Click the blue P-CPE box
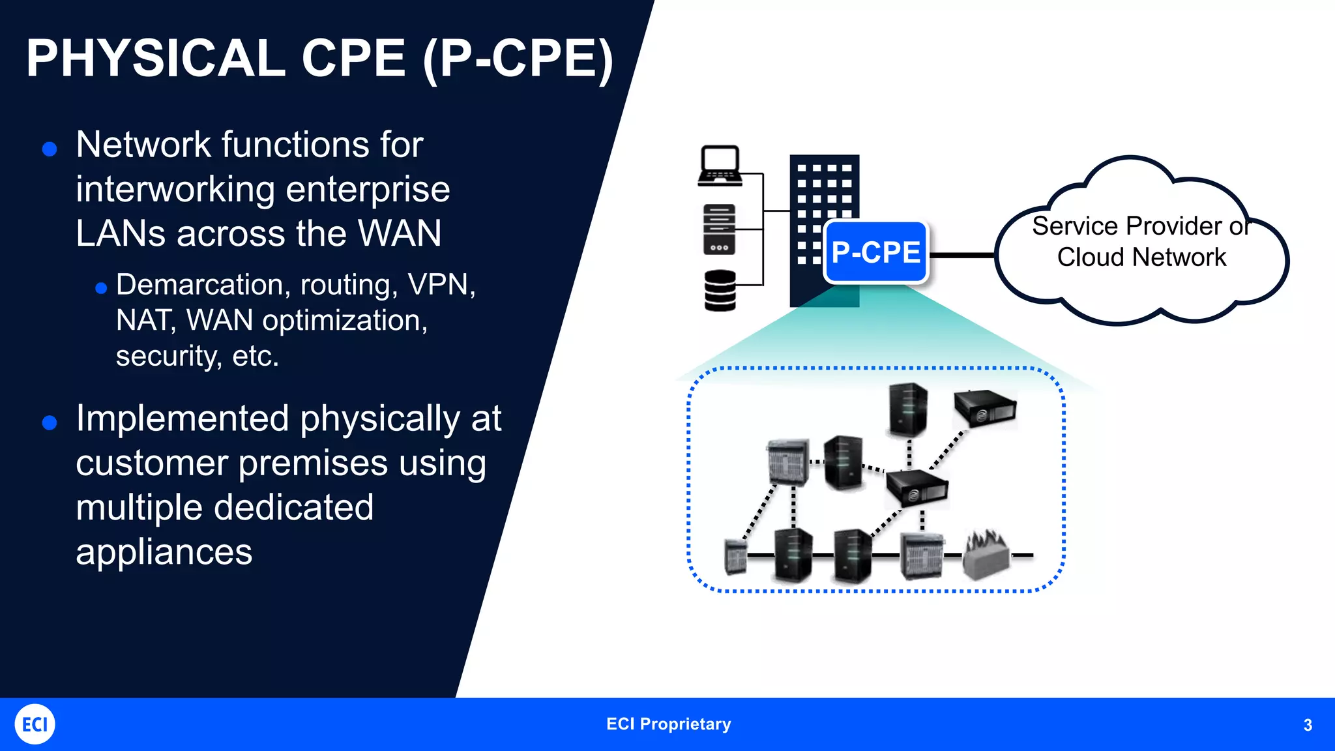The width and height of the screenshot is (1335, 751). [x=875, y=252]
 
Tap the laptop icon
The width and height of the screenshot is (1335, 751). [x=720, y=166]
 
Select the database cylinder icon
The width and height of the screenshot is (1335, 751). [x=720, y=290]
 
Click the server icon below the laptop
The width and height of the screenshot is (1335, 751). [x=719, y=229]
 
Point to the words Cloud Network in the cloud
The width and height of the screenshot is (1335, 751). [x=1141, y=258]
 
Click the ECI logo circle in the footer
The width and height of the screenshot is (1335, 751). [x=35, y=724]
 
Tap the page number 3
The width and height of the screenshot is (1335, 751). [x=1307, y=725]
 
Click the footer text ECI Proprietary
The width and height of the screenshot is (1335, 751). [x=668, y=724]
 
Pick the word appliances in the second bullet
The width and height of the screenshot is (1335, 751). [x=164, y=552]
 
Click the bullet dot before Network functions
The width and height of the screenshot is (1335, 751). [x=50, y=149]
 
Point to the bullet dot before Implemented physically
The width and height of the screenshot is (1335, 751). [x=50, y=423]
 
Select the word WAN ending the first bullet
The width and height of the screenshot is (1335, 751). [x=399, y=233]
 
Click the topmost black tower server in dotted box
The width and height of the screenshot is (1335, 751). [x=907, y=409]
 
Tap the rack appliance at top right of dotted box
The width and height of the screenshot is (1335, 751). [x=984, y=408]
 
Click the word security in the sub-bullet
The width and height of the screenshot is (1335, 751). [x=167, y=357]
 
